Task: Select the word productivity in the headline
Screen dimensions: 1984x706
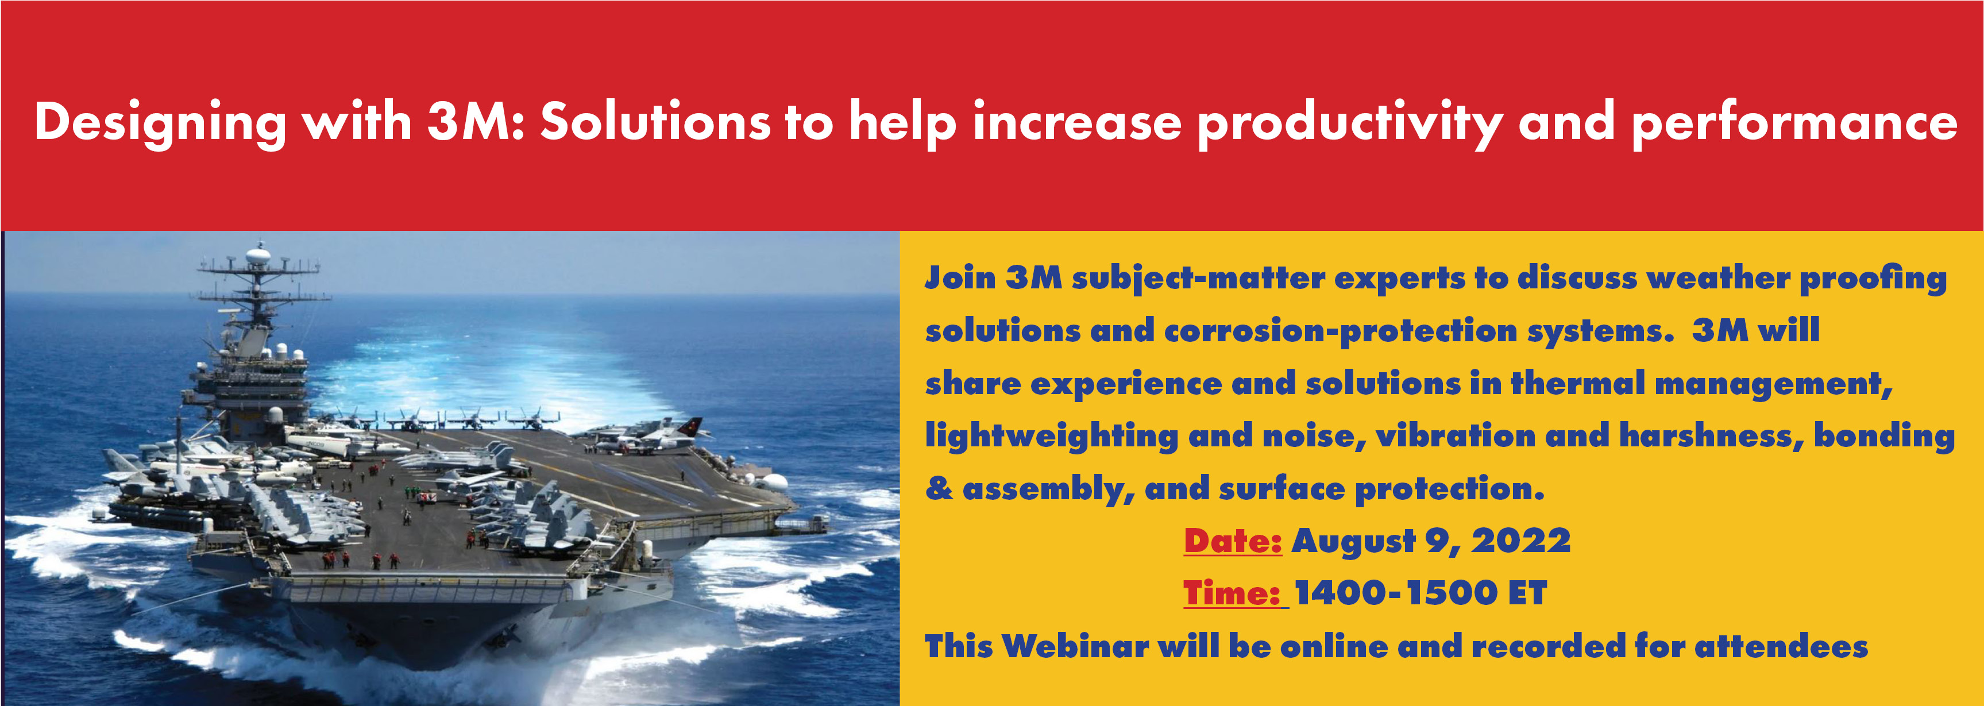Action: pos(1350,123)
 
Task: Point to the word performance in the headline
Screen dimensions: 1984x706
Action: pos(1794,123)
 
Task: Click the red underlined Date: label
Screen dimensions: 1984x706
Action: pos(1232,541)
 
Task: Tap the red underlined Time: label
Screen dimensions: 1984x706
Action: pos(1232,593)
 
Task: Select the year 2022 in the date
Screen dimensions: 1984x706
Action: pos(1521,541)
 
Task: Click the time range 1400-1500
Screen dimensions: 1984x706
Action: pos(1396,593)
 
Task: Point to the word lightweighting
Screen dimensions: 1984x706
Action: pos(1051,437)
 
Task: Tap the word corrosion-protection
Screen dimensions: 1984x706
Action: pos(1341,331)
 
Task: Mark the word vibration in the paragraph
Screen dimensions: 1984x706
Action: pos(1456,436)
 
